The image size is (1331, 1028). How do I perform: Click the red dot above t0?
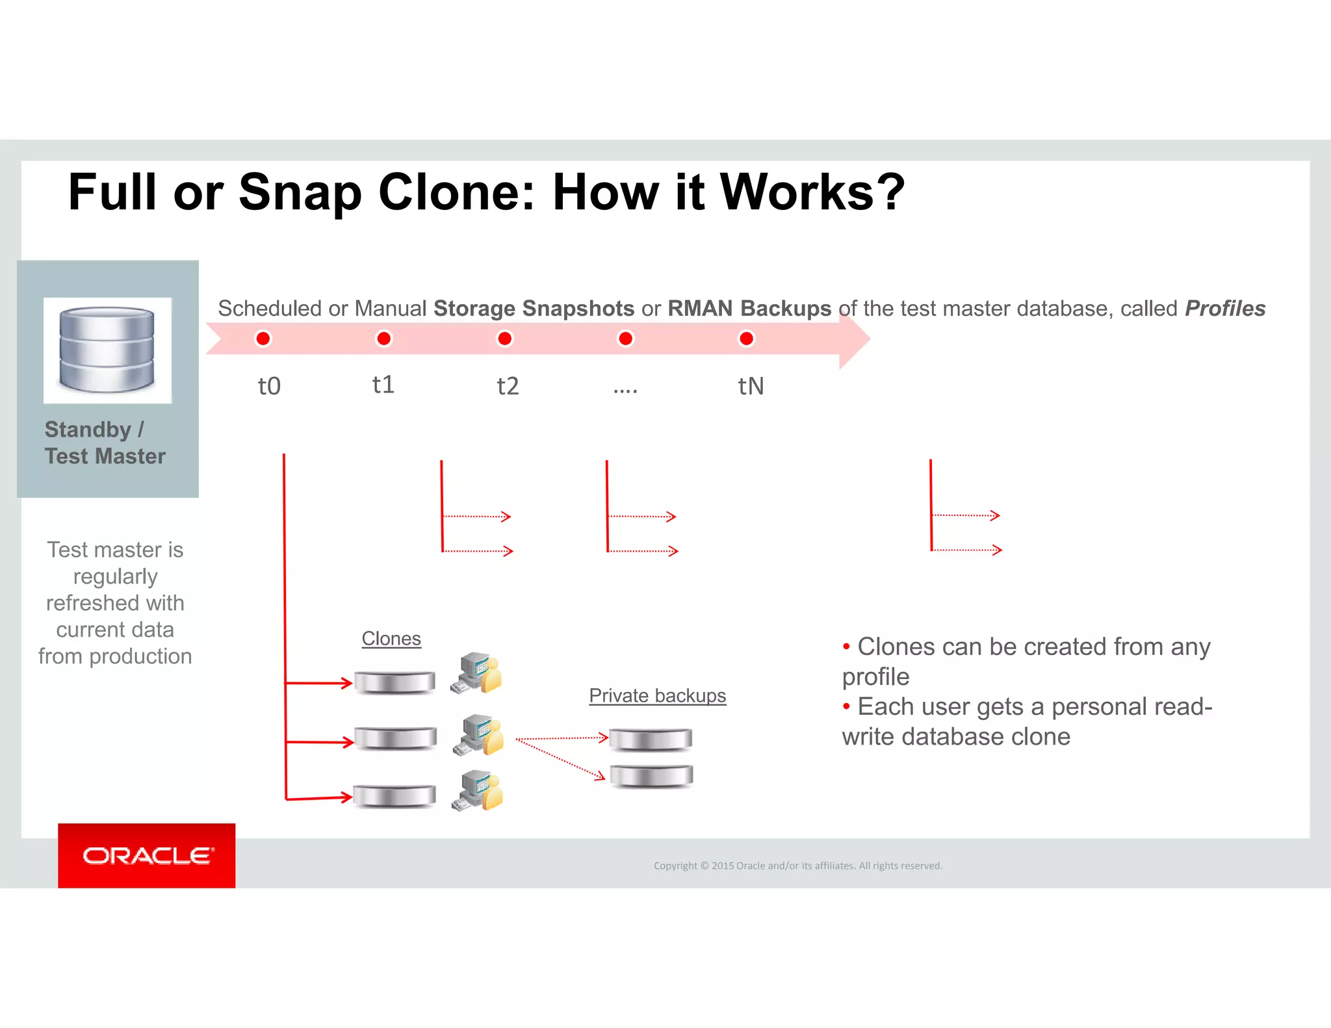click(x=263, y=339)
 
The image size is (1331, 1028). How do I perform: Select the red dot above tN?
click(x=746, y=339)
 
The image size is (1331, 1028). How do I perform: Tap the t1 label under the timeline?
click(x=383, y=385)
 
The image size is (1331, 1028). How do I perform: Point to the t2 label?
click(x=508, y=386)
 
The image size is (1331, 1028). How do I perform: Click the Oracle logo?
click(x=147, y=856)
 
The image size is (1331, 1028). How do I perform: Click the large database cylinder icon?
click(x=107, y=350)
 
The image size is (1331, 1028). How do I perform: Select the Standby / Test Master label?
click(x=105, y=443)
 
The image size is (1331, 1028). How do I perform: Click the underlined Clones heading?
click(x=391, y=639)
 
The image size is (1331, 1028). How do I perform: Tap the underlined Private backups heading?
click(x=657, y=695)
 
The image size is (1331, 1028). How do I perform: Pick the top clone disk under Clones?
click(x=395, y=682)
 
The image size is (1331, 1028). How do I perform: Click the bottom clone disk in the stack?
click(x=394, y=796)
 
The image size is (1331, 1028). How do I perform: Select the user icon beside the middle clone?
click(x=480, y=736)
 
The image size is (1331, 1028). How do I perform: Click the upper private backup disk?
click(x=651, y=739)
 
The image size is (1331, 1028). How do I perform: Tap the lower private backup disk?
click(x=651, y=776)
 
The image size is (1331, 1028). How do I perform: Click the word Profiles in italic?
click(x=1224, y=308)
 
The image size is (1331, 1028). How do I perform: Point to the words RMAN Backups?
click(x=749, y=308)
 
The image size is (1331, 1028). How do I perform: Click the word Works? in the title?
click(x=812, y=192)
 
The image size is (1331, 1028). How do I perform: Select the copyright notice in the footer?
click(x=797, y=866)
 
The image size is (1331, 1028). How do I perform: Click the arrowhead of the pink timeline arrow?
click(x=854, y=338)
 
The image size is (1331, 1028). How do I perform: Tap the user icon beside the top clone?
click(x=478, y=674)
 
